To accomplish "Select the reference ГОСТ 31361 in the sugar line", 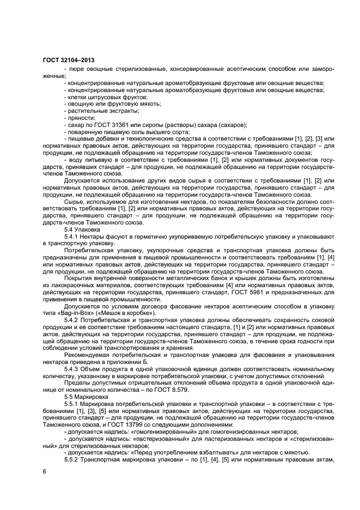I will pos(104,125).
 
